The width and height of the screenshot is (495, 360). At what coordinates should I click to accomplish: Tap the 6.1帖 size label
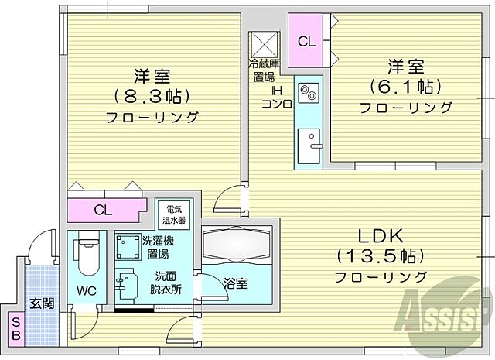(406, 85)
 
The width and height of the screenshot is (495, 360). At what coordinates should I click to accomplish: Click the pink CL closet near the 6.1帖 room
(306, 41)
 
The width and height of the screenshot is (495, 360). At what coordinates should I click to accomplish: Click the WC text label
(85, 293)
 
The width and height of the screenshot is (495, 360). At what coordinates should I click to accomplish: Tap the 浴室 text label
(237, 284)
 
